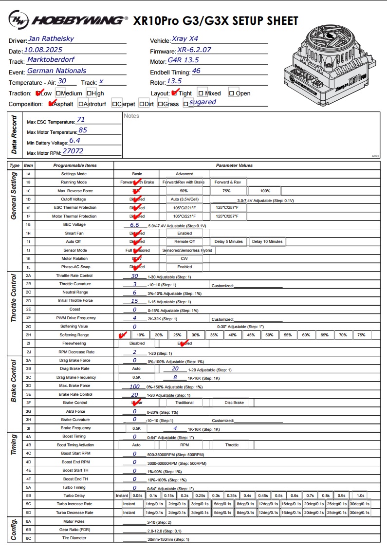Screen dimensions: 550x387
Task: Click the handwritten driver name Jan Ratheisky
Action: click(x=51, y=38)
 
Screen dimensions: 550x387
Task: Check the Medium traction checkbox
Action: click(x=58, y=93)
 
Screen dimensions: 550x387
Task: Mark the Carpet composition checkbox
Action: click(x=114, y=104)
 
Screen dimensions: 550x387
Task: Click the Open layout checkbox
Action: click(x=231, y=93)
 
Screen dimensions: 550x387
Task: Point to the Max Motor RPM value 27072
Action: click(x=70, y=151)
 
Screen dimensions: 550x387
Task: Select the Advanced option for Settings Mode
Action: click(x=184, y=174)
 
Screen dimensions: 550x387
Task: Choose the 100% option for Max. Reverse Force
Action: click(x=265, y=191)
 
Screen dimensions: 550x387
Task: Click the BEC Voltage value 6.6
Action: click(x=134, y=225)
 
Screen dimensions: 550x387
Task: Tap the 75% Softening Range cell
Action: click(x=361, y=335)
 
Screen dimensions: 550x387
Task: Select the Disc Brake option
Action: click(x=235, y=403)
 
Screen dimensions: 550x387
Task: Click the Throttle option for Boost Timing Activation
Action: click(x=232, y=445)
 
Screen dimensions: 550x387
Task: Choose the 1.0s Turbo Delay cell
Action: click(x=361, y=495)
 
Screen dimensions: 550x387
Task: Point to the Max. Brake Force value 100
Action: click(x=134, y=386)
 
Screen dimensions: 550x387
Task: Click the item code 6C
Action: click(x=28, y=538)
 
